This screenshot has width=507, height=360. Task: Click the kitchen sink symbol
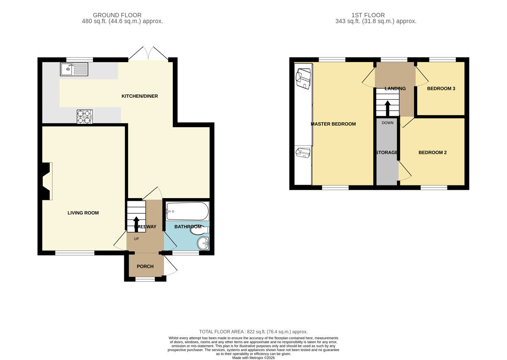tap(74, 69)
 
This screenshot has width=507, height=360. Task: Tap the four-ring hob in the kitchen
tap(84, 117)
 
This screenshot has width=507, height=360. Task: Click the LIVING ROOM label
tap(83, 213)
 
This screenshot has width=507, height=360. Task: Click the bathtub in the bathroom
tap(187, 210)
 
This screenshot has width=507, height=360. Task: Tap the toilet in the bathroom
tap(198, 230)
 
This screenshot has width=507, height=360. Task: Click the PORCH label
tap(145, 267)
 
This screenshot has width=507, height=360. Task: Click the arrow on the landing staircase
tap(387, 108)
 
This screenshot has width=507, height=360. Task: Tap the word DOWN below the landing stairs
tap(387, 123)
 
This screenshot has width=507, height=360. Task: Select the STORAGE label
tap(386, 153)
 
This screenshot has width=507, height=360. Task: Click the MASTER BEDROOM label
tap(333, 124)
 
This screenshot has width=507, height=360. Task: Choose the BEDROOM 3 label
tap(441, 89)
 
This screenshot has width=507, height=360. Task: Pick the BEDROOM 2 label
tap(432, 153)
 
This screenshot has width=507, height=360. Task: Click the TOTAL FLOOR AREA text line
tap(253, 332)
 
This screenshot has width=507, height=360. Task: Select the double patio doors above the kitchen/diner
tap(148, 54)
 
